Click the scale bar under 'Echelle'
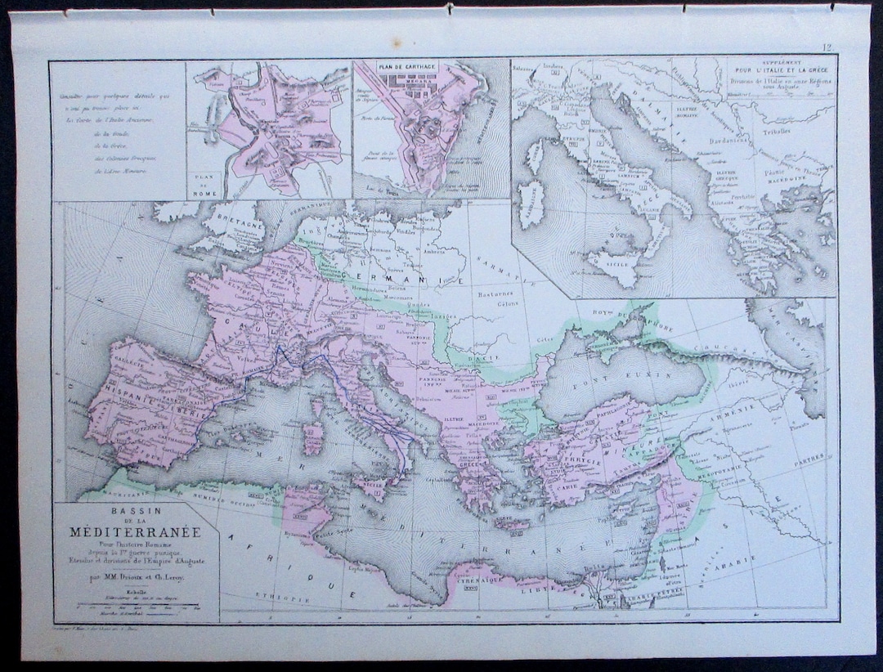[x=137, y=605]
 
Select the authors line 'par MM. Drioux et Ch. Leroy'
[x=137, y=576]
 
